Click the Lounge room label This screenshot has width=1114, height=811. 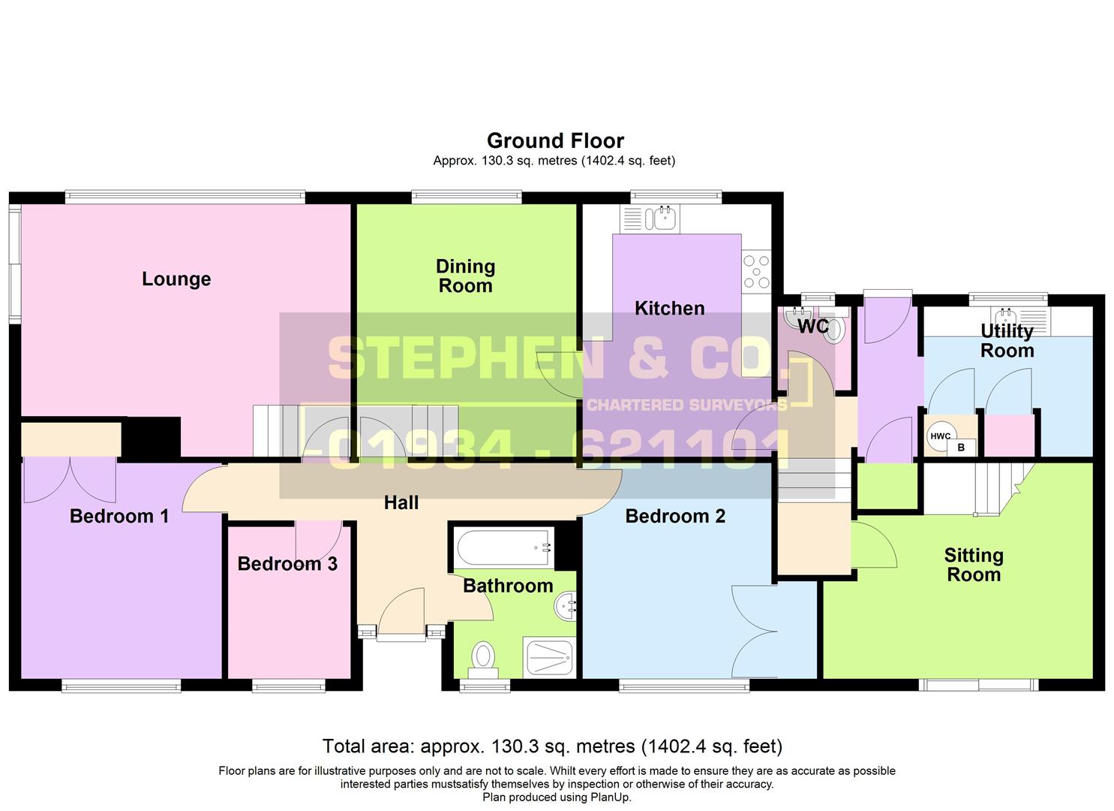pos(176,279)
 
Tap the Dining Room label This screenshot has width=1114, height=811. pos(465,276)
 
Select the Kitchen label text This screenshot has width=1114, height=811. pos(669,309)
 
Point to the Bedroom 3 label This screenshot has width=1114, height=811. pos(287,564)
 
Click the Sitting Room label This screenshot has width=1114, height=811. pos(973,565)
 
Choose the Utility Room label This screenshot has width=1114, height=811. pos(1007,341)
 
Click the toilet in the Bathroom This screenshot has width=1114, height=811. pos(483,657)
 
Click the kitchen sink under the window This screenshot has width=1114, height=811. pos(664,219)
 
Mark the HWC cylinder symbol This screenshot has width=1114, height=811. pos(940,437)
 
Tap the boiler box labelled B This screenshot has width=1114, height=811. pos(961,448)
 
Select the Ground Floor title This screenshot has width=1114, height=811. pos(555,141)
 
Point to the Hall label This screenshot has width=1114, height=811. pos(401,503)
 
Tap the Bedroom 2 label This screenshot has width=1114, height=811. pos(674,517)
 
